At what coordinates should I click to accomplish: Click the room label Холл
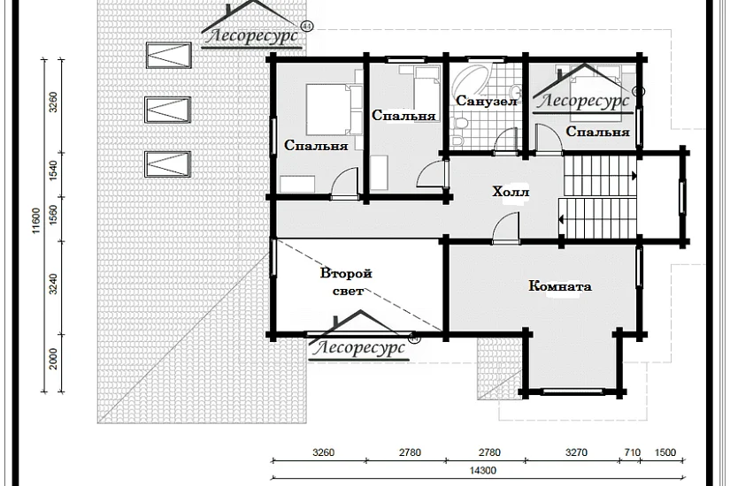point(511,192)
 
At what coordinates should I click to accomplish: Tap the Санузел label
point(487,101)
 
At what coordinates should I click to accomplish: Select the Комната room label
point(560,285)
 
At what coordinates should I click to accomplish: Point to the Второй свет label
point(346,282)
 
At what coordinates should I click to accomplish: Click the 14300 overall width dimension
point(482,470)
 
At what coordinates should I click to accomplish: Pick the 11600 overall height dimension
point(36,220)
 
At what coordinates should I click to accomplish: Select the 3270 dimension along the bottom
point(576,452)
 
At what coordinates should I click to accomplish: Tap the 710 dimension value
point(633,452)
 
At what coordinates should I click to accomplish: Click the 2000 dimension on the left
point(54,359)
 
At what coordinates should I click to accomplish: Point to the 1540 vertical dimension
point(53,171)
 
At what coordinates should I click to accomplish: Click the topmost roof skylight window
point(168,56)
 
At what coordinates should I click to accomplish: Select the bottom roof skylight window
point(168,164)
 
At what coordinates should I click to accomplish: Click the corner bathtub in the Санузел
point(469,79)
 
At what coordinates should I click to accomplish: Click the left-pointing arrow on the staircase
point(562,218)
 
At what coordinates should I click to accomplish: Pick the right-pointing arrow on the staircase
point(634,176)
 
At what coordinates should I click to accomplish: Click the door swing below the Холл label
point(505,227)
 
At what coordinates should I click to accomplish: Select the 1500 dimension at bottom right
point(665,452)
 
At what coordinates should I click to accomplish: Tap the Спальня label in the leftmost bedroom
point(316,145)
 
